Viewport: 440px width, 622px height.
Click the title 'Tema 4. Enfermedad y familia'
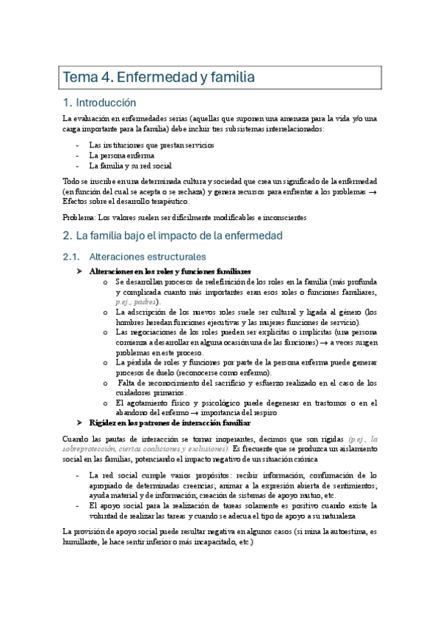point(159,76)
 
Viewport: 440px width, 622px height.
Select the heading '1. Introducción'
point(109,103)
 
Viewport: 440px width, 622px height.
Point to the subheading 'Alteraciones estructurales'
point(146,257)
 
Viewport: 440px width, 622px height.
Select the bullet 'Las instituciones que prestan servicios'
point(151,145)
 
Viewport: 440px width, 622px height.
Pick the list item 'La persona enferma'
point(121,155)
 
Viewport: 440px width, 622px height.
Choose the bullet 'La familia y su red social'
point(130,166)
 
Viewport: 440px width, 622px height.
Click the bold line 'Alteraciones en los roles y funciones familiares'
point(170,271)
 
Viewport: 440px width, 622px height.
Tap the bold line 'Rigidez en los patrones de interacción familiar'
point(170,422)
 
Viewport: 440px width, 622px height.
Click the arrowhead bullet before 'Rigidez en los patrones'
point(81,422)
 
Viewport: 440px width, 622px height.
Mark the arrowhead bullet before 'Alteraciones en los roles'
point(81,271)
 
